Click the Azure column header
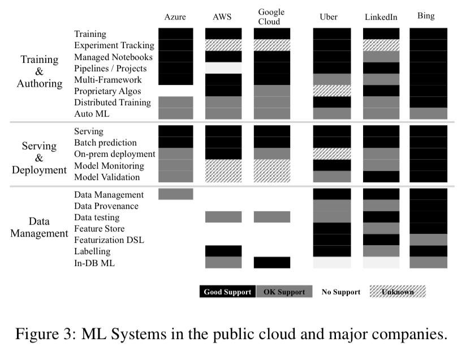tap(175, 17)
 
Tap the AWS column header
tap(222, 17)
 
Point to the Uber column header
tap(329, 17)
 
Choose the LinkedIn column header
tap(381, 17)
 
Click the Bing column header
tap(426, 16)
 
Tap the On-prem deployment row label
tap(115, 155)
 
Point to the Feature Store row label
tap(99, 229)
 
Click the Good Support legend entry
tap(227, 292)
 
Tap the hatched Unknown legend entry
tap(397, 292)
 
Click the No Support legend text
tap(341, 292)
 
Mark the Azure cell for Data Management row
tap(175, 194)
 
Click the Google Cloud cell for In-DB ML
tap(271, 263)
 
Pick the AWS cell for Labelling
tap(223, 251)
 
